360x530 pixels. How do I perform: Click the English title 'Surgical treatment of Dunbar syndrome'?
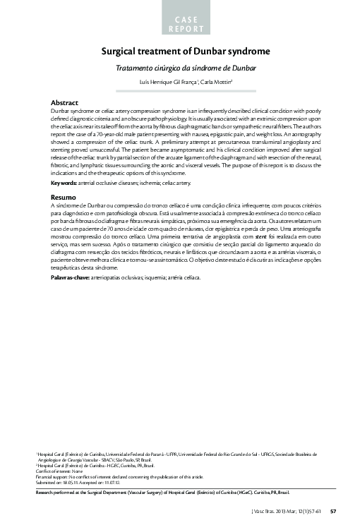click(x=186, y=52)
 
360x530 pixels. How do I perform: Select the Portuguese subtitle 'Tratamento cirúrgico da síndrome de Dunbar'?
click(x=186, y=68)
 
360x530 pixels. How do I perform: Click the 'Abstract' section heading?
click(x=64, y=103)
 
